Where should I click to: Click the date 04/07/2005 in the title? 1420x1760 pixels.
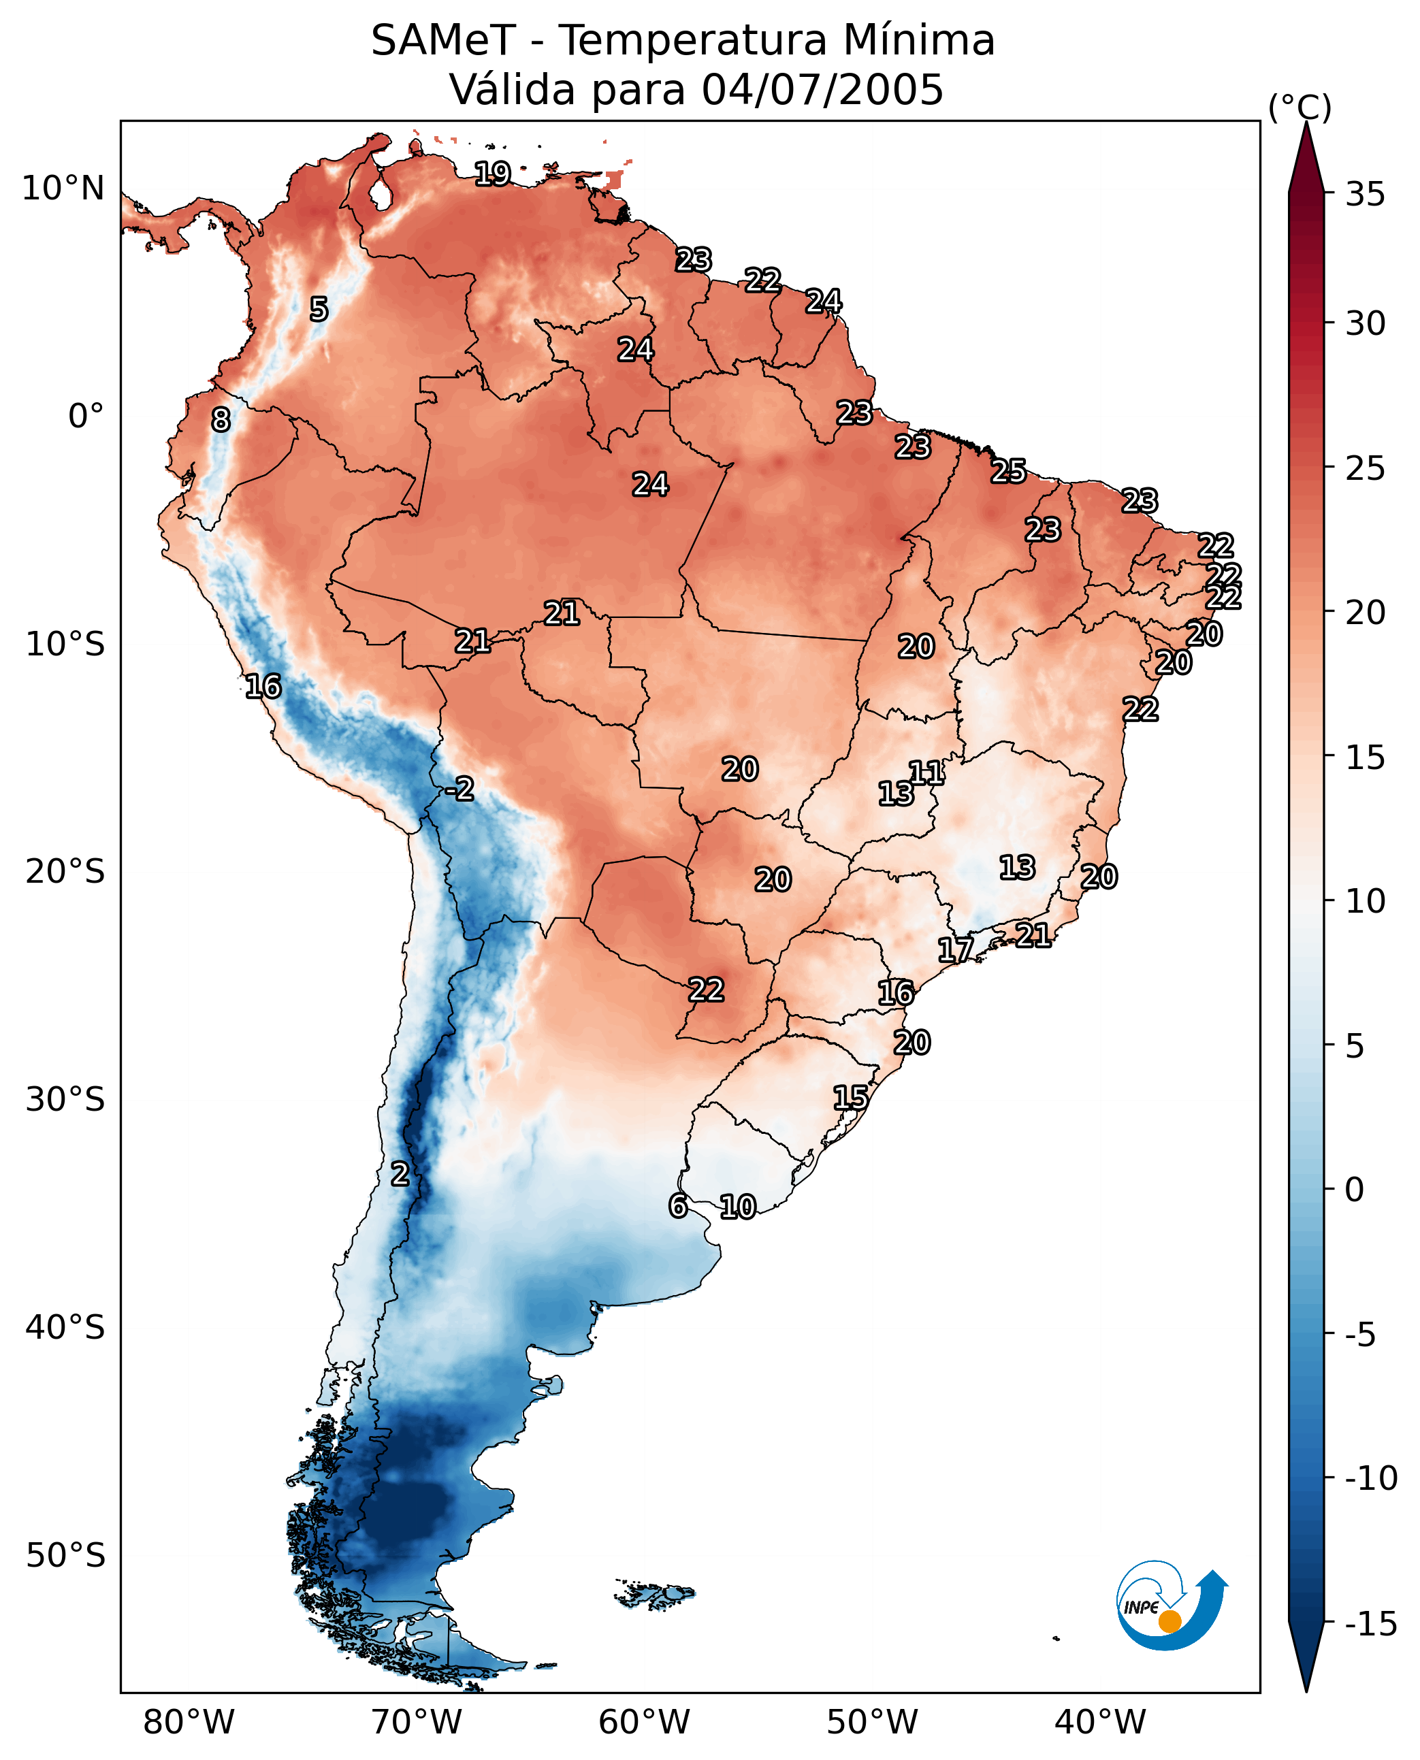click(x=822, y=89)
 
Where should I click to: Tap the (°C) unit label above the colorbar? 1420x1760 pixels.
click(x=1300, y=107)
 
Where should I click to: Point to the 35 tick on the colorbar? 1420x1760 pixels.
click(x=1365, y=194)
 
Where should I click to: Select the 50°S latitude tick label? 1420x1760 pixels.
click(x=65, y=1554)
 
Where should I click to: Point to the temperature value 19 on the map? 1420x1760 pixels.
click(x=494, y=174)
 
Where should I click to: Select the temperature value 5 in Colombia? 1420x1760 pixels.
click(x=319, y=309)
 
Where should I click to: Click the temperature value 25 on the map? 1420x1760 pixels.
click(x=1009, y=471)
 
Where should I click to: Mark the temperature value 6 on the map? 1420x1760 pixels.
click(x=678, y=1205)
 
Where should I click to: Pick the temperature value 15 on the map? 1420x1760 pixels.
click(x=851, y=1098)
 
